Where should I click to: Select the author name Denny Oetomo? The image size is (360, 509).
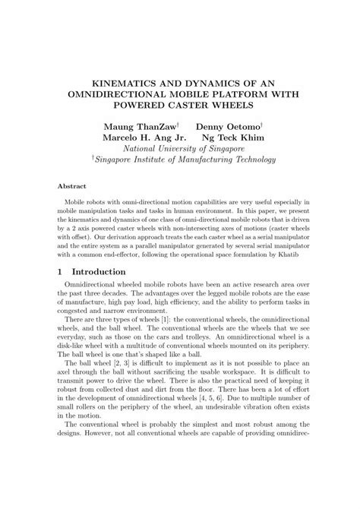point(228,125)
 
